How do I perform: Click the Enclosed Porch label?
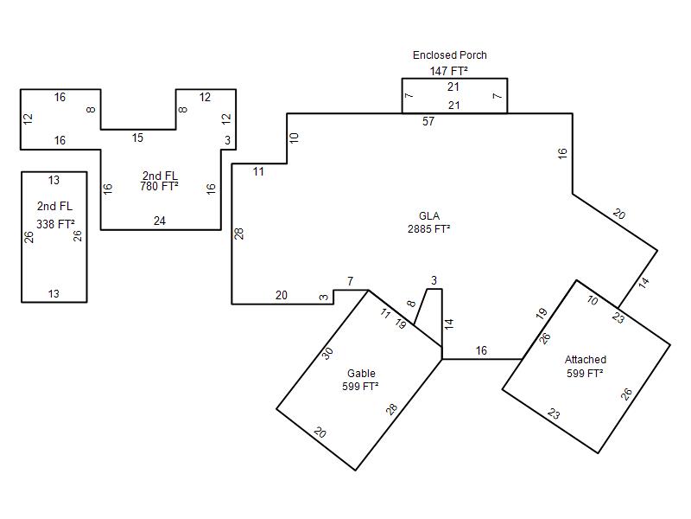coord(449,55)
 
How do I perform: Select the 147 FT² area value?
coord(448,71)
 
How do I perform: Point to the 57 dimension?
coord(428,121)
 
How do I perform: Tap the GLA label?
coord(429,215)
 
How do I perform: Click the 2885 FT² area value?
coord(428,228)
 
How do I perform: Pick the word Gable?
coord(361,374)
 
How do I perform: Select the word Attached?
coord(586,360)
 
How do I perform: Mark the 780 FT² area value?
coord(159,187)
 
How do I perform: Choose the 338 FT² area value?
coord(55,224)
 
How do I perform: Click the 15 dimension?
coord(137,138)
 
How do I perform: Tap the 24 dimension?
coord(160,221)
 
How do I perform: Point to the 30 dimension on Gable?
coord(327,354)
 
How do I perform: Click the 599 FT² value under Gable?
coord(360,387)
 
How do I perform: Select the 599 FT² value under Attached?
coord(585,374)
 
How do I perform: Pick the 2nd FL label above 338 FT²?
coord(54,206)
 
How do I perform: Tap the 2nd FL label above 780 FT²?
coord(160,176)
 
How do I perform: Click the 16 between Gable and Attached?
coord(481,351)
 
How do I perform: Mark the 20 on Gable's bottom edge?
coord(320,432)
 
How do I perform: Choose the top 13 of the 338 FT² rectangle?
coord(54,180)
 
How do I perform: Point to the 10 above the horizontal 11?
coord(294,138)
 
